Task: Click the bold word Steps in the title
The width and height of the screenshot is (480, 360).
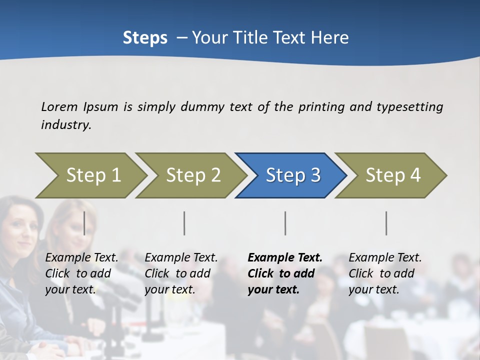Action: pyautogui.click(x=145, y=37)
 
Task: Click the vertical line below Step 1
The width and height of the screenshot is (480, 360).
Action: pyautogui.click(x=84, y=223)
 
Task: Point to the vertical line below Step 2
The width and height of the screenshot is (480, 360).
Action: pyautogui.click(x=184, y=223)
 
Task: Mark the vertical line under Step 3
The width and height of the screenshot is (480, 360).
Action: pyautogui.click(x=285, y=223)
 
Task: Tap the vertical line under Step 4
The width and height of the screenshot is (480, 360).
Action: pyautogui.click(x=386, y=223)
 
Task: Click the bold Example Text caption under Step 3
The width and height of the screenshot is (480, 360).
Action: pyautogui.click(x=284, y=273)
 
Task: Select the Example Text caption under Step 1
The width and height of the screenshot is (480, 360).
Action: pyautogui.click(x=81, y=273)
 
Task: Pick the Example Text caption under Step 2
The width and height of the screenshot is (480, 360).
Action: pyautogui.click(x=181, y=273)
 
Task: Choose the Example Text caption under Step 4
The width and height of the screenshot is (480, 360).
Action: pyautogui.click(x=385, y=273)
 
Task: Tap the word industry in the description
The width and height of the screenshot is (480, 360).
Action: pyautogui.click(x=65, y=125)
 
